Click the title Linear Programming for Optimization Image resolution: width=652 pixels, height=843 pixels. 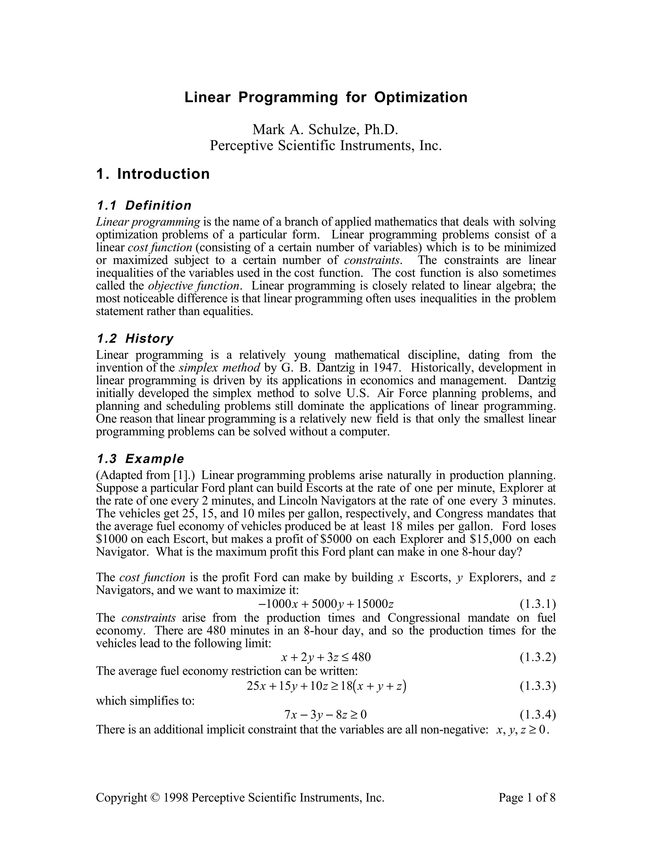click(x=326, y=97)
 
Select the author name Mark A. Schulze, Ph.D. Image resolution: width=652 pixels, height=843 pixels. click(x=325, y=129)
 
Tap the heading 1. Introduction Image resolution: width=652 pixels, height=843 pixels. click(x=153, y=174)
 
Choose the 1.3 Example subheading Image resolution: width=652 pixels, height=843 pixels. click(x=140, y=459)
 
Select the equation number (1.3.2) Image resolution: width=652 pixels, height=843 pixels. click(x=538, y=657)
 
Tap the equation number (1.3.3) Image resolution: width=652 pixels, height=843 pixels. click(x=538, y=686)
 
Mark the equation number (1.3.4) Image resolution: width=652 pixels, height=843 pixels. click(x=538, y=715)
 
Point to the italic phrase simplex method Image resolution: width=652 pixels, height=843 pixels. click(x=220, y=368)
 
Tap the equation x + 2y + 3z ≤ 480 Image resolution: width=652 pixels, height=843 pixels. click(x=326, y=657)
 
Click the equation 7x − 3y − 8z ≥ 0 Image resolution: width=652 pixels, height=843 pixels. click(x=325, y=715)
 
